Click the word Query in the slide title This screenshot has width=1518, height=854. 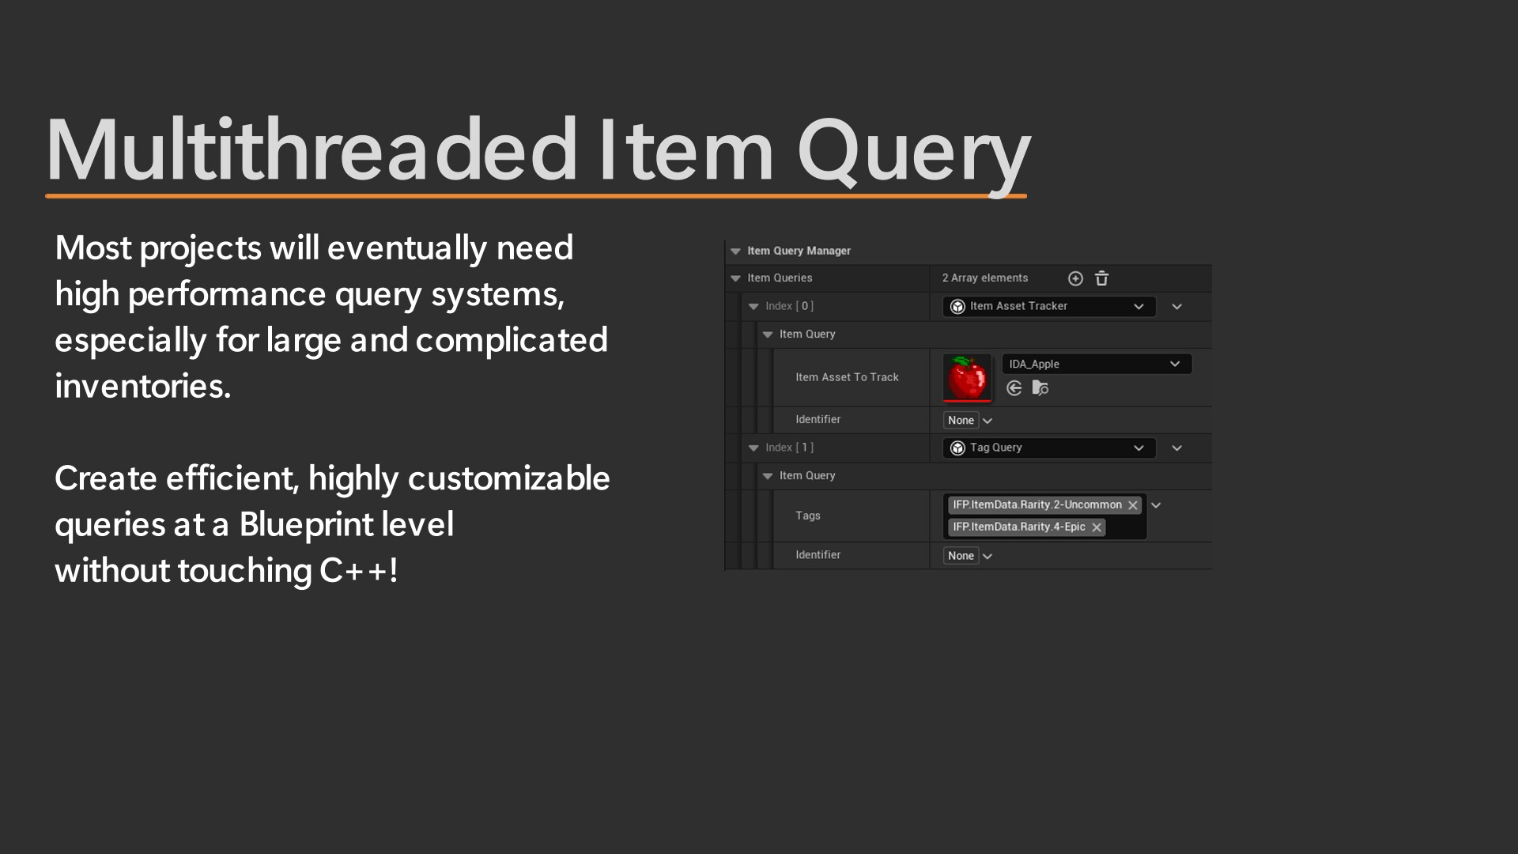(913, 150)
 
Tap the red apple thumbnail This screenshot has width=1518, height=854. (967, 377)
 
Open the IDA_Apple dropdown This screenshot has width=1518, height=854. (1096, 364)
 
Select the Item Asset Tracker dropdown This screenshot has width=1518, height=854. (1048, 307)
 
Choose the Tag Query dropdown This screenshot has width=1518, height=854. (1048, 448)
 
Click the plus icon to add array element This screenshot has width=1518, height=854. (1075, 278)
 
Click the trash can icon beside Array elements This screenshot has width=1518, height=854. (1101, 278)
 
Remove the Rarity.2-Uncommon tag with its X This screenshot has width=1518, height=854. (1133, 505)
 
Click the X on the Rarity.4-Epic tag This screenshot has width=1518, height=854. (1097, 527)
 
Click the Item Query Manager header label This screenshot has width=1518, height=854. (799, 251)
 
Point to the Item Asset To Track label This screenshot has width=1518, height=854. (847, 377)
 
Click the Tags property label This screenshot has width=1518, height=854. (807, 516)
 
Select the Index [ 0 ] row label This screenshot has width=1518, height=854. (789, 306)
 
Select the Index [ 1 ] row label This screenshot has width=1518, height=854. (789, 448)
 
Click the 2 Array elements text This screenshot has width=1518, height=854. (984, 278)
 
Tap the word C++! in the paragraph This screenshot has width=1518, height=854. (358, 570)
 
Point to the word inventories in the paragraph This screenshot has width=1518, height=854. (142, 387)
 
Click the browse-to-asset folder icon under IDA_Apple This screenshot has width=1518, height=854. (1040, 388)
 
